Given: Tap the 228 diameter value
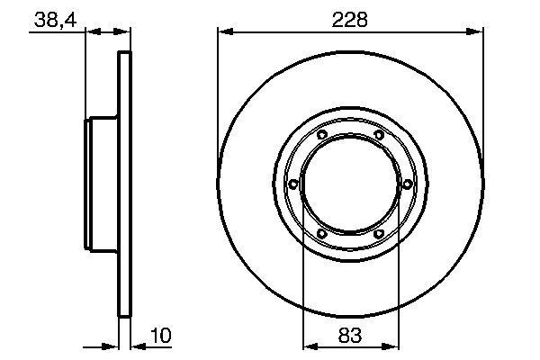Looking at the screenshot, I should [350, 19].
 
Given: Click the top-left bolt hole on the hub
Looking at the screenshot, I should [322, 135].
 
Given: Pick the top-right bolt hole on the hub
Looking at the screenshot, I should [379, 135].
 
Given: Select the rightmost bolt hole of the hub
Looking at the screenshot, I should [407, 184].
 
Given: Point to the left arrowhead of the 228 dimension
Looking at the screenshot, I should [223, 33].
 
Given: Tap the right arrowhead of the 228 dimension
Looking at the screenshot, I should [478, 33].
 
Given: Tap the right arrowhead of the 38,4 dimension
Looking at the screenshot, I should [125, 33].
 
